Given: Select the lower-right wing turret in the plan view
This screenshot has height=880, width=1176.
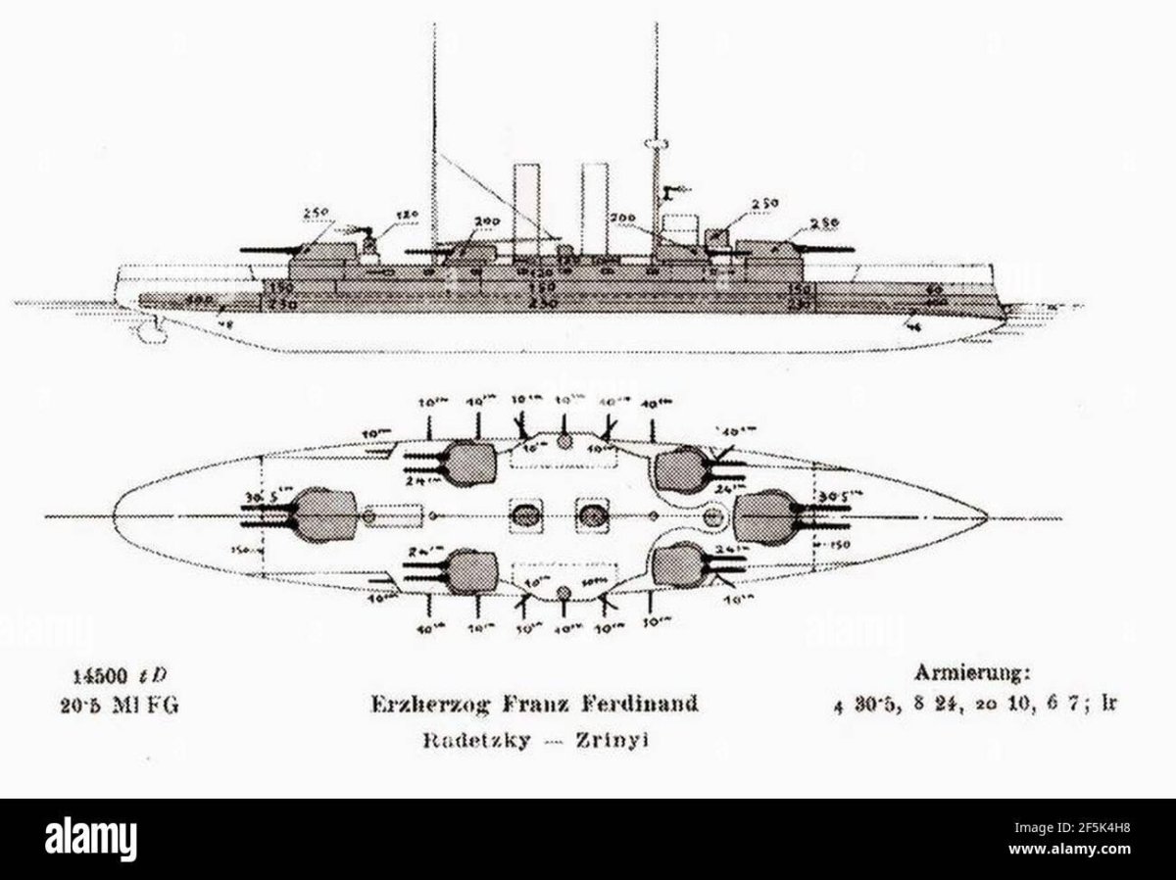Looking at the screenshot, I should coord(679,564).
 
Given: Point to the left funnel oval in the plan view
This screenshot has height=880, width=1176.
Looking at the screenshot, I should coord(527,514).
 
